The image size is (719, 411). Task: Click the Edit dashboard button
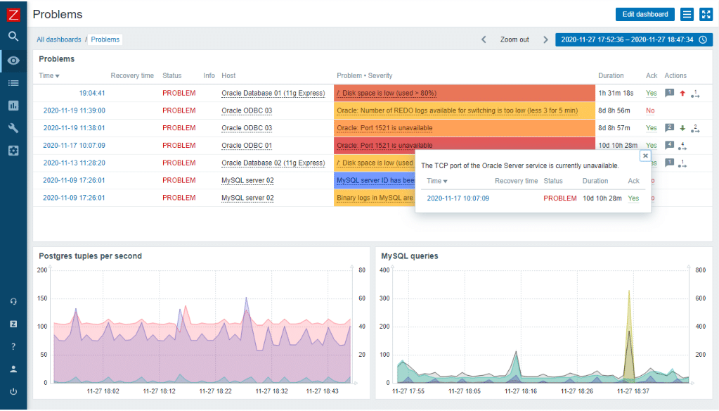[x=644, y=14]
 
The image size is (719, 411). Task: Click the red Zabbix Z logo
[x=13, y=13]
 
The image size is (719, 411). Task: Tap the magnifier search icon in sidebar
[x=13, y=37]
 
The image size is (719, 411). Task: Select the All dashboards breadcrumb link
[x=59, y=39]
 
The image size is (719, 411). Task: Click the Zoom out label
[x=514, y=39]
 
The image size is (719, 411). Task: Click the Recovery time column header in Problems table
[x=132, y=75]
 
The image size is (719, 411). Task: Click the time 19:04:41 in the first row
[x=92, y=93]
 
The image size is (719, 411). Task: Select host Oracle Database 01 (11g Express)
[x=273, y=93]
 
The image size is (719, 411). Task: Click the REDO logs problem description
[x=457, y=110]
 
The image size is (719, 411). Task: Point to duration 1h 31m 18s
[x=616, y=93]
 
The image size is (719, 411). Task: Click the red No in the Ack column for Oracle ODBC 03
[x=650, y=110]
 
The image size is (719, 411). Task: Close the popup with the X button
[x=645, y=156]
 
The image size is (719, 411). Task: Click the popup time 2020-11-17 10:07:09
[x=458, y=198]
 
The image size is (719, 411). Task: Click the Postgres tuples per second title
[x=90, y=256]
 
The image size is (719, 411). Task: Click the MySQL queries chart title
[x=409, y=256]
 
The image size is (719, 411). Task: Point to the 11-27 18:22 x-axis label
[x=216, y=391]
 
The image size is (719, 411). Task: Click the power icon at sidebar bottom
[x=13, y=391]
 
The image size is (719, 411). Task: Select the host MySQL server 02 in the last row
[x=247, y=198]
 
